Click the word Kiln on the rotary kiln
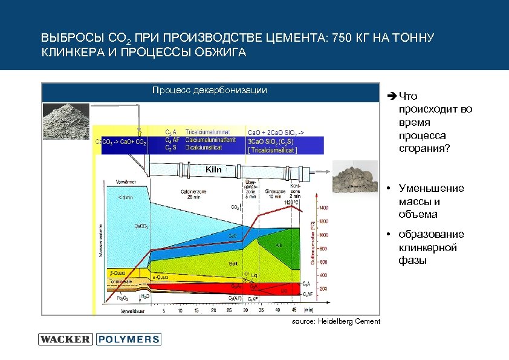pyautogui.click(x=213, y=169)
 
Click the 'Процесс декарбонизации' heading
pyautogui.click(x=210, y=90)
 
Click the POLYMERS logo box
pyautogui.click(x=129, y=339)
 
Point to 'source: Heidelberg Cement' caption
pyautogui.click(x=336, y=321)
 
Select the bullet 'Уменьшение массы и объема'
pyautogui.click(x=431, y=201)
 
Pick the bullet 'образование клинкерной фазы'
pyautogui.click(x=431, y=247)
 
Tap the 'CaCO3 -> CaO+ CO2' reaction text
pyautogui.click(x=121, y=142)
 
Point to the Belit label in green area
pyautogui.click(x=232, y=264)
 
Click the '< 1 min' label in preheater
pyautogui.click(x=126, y=197)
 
